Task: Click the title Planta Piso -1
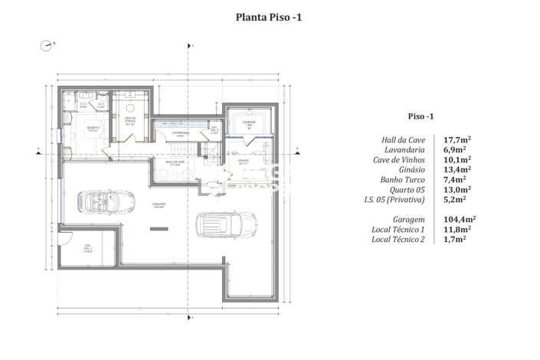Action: [270, 16]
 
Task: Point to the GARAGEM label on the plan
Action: [159, 205]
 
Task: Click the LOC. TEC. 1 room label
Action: [88, 247]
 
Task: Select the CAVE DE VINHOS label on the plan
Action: [130, 119]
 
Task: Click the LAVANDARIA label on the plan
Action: [181, 133]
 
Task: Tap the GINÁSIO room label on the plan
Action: [243, 162]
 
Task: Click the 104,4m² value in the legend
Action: [458, 218]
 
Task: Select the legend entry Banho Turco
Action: [407, 179]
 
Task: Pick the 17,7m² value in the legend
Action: [458, 139]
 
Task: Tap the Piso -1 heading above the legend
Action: [421, 116]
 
